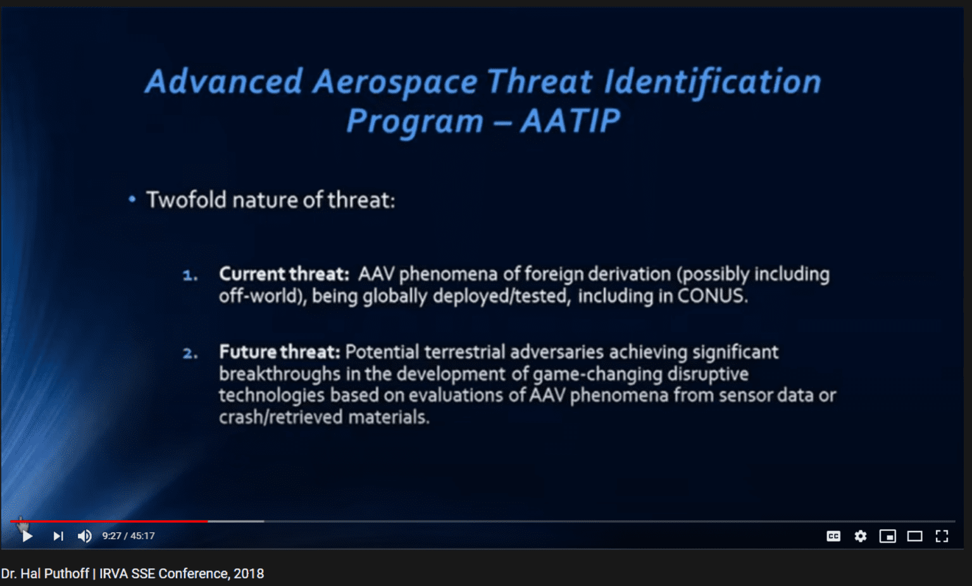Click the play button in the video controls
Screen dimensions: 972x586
pyautogui.click(x=27, y=537)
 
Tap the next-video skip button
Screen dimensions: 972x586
pyautogui.click(x=58, y=537)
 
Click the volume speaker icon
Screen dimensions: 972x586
pyautogui.click(x=85, y=537)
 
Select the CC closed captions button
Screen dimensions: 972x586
pyautogui.click(x=833, y=537)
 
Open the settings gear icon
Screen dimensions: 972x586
pyautogui.click(x=861, y=537)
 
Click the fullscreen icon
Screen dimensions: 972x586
pyautogui.click(x=942, y=537)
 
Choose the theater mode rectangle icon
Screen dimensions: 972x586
pyautogui.click(x=914, y=537)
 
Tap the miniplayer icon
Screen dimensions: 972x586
pyautogui.click(x=887, y=537)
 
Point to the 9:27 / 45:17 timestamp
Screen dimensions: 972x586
pyautogui.click(x=128, y=536)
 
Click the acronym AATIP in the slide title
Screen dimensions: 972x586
pyautogui.click(x=570, y=120)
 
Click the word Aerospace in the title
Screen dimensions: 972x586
pyautogui.click(x=395, y=82)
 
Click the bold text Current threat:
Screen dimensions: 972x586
pyautogui.click(x=284, y=275)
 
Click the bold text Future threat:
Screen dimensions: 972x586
pyautogui.click(x=280, y=352)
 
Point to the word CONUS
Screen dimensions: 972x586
pyautogui.click(x=713, y=296)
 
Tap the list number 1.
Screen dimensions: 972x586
pyautogui.click(x=190, y=276)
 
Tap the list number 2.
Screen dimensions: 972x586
pyautogui.click(x=190, y=354)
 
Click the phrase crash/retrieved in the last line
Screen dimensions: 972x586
pyautogui.click(x=281, y=418)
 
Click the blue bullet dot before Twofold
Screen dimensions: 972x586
pyautogui.click(x=132, y=199)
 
